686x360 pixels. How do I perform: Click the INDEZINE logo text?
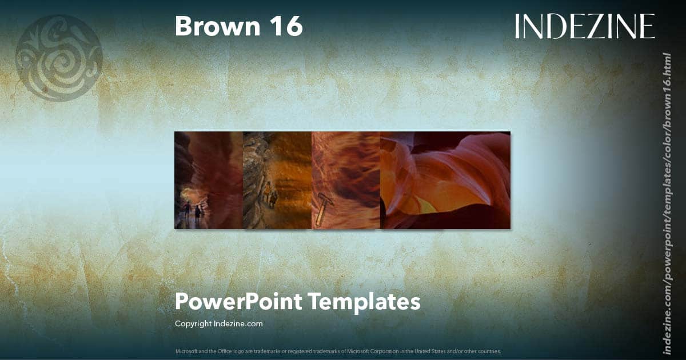[x=584, y=27]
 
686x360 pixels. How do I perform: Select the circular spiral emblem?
[x=59, y=58]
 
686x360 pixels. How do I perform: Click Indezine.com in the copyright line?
[x=239, y=324]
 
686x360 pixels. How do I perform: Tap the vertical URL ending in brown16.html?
[x=667, y=203]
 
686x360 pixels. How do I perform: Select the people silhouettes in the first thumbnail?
[x=192, y=211]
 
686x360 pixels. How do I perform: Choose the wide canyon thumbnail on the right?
[x=445, y=180]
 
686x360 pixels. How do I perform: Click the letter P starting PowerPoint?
[x=181, y=301]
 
